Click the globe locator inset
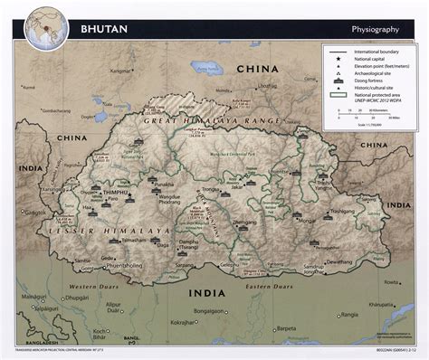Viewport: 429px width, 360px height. tap(44, 27)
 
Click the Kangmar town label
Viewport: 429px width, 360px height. tap(120, 69)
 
